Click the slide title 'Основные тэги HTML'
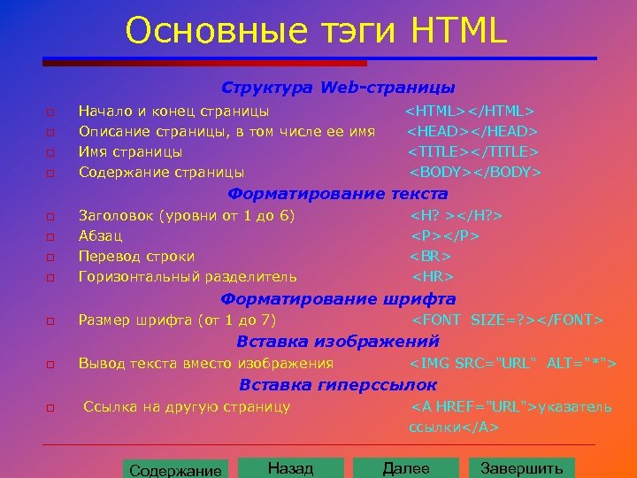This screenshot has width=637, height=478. [x=316, y=31]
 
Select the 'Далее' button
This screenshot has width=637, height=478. [x=406, y=468]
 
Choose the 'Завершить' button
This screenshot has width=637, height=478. [x=521, y=468]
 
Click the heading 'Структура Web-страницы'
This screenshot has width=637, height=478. [x=339, y=88]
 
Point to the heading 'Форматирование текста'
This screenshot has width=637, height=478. [x=338, y=193]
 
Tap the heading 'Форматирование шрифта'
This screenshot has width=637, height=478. [x=338, y=298]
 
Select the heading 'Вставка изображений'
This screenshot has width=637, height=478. [x=325, y=341]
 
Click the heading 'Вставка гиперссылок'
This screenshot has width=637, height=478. [x=338, y=384]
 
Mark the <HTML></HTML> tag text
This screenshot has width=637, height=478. [x=469, y=112]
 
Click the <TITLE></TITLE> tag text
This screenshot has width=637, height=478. [x=473, y=151]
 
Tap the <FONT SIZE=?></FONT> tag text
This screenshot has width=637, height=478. [x=508, y=320]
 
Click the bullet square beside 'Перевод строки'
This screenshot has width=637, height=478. [x=51, y=258]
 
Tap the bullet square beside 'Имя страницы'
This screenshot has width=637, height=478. [x=51, y=152]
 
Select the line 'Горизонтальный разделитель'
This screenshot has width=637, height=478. [x=188, y=277]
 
